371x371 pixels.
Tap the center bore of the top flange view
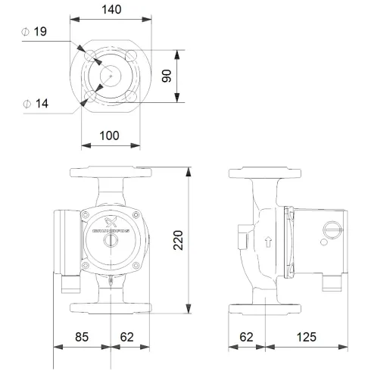pos(111,76)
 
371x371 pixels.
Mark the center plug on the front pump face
pos(111,243)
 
